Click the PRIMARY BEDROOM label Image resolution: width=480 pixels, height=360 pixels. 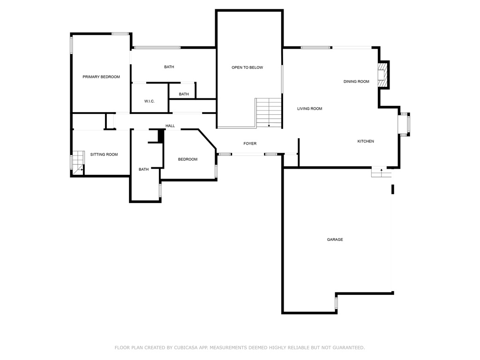pos(101,77)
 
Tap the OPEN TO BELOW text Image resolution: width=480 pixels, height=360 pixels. pos(247,67)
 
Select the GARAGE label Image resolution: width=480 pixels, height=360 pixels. pos(335,240)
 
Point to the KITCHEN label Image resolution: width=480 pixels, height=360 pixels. pos(366,141)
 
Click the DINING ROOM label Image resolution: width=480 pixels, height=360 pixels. pos(356,82)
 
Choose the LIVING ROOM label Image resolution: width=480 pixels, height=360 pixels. pos(309,108)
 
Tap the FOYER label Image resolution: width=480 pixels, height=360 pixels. pos(250,143)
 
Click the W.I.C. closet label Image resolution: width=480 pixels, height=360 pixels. pos(150,101)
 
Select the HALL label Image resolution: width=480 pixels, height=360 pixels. pos(170,126)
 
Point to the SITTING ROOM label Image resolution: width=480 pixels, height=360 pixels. pos(104,154)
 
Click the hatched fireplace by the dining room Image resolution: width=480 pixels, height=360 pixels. pos(382,75)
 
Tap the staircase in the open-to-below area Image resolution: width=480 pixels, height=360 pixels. pos(269,112)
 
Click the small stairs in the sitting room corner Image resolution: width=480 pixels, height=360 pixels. pos(78,162)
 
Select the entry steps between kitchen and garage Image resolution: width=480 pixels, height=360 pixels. pos(382,172)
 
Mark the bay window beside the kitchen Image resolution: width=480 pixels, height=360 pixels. pos(404,124)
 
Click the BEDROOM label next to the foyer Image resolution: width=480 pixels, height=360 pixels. pos(187,159)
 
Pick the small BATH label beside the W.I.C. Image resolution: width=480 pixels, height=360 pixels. pos(184,94)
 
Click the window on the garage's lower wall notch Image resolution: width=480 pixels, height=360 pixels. pos(336,303)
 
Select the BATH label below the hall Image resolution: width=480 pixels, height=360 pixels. pos(143,169)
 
